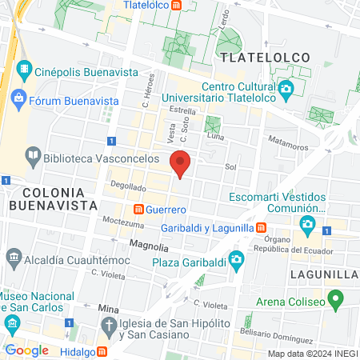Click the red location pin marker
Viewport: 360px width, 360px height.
click(181, 162)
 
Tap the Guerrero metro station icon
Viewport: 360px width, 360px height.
click(138, 210)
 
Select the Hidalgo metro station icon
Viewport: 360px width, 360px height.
click(101, 352)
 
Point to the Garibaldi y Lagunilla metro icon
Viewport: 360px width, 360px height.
click(262, 228)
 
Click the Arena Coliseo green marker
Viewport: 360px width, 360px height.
click(336, 302)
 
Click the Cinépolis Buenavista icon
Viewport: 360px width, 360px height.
click(24, 70)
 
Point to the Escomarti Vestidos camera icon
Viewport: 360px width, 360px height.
click(306, 223)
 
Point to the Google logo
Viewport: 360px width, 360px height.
click(26, 350)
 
